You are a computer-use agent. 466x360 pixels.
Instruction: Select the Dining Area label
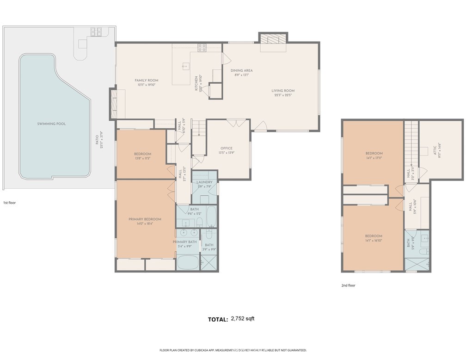(241, 70)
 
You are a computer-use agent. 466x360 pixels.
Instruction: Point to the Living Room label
(282, 91)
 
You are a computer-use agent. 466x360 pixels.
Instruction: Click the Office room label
(227, 149)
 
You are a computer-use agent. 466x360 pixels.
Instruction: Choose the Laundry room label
(204, 182)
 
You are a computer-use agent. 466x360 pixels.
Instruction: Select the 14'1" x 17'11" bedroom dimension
(374, 158)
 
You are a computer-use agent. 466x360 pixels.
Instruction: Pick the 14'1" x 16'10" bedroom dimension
(374, 240)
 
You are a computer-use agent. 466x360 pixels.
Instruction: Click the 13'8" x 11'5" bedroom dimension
(142, 158)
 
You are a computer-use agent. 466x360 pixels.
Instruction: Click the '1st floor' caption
(10, 203)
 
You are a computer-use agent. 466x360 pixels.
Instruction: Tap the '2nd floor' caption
(348, 286)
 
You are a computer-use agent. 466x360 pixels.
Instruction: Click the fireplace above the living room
(273, 39)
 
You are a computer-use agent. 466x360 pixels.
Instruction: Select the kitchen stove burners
(202, 46)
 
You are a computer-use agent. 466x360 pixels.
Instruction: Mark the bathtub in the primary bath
(187, 262)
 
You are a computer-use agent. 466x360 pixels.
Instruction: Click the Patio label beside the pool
(97, 139)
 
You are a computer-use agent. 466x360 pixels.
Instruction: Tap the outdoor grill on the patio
(96, 32)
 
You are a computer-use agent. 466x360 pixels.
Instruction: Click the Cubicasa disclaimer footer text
(233, 350)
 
